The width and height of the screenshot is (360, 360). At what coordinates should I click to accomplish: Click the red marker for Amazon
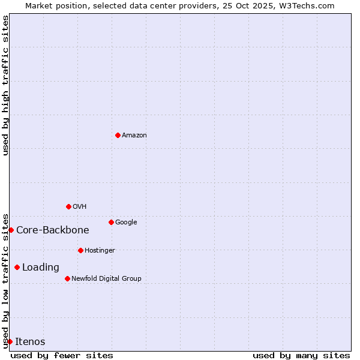click(x=118, y=135)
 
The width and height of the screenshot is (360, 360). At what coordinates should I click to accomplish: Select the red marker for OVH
click(x=68, y=206)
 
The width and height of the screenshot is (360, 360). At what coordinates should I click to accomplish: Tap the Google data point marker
click(x=111, y=222)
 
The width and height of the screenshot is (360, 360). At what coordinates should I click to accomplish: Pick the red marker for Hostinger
click(x=80, y=250)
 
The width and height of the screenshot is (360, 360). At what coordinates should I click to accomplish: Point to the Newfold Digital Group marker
click(x=67, y=278)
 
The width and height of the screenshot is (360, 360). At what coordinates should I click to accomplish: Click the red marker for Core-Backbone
click(x=11, y=230)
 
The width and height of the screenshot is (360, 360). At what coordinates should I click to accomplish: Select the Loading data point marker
click(x=17, y=267)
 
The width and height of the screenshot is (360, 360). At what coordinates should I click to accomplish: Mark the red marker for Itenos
click(x=10, y=341)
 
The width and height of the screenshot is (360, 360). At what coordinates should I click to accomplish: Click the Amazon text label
click(x=134, y=135)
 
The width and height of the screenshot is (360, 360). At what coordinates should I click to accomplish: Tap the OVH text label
click(x=79, y=206)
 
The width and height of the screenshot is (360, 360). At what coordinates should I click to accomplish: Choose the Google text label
click(x=126, y=222)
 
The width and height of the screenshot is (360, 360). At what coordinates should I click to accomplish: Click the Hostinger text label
click(x=100, y=250)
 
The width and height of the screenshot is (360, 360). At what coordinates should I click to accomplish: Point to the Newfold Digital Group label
click(x=106, y=278)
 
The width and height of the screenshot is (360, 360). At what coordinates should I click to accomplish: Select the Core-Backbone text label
click(x=52, y=230)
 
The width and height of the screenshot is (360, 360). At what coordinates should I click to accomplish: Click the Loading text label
click(x=40, y=267)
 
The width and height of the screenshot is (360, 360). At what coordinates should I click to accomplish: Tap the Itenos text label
click(x=30, y=341)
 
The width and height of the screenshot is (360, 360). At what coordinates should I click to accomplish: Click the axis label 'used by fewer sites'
click(x=62, y=355)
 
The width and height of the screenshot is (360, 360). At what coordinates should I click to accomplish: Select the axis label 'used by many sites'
click(x=301, y=355)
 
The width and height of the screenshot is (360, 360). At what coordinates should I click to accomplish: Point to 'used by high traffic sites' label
click(x=5, y=85)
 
